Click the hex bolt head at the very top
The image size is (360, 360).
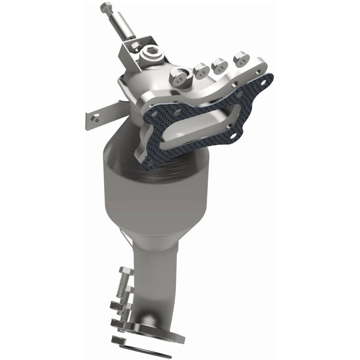[106, 7]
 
